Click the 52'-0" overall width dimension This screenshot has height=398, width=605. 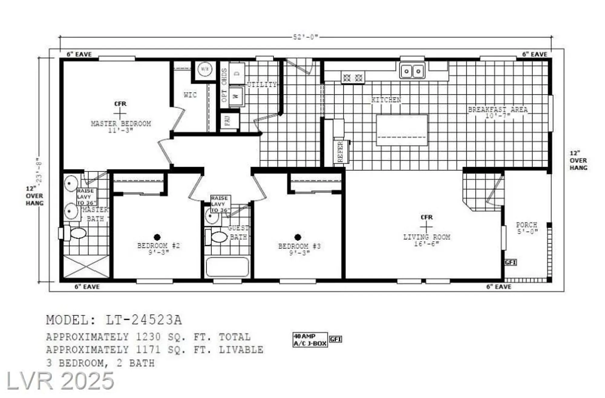click(306, 37)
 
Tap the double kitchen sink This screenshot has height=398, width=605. click(412, 71)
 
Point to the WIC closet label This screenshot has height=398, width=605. click(190, 95)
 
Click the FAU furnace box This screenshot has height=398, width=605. click(228, 121)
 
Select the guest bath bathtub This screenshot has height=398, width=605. click(227, 267)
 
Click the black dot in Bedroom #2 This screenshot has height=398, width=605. click(157, 237)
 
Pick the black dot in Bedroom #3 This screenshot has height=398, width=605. click(298, 237)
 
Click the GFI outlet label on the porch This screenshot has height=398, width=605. click(510, 262)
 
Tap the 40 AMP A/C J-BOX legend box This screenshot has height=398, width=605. click(310, 340)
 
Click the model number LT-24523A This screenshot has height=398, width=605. click(143, 320)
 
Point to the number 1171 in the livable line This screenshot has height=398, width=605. click(148, 350)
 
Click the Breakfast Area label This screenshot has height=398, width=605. click(498, 110)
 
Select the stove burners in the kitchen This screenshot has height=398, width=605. click(353, 78)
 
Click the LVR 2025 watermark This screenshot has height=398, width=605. click(60, 381)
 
